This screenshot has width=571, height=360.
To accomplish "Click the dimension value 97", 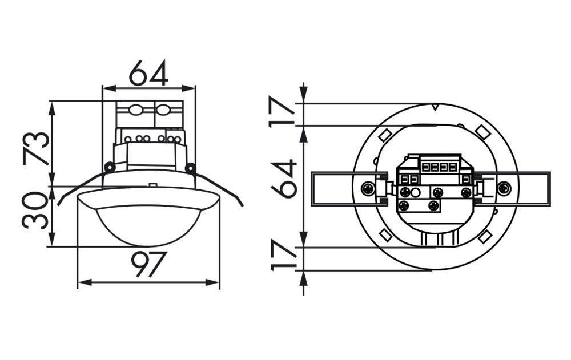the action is [149, 264].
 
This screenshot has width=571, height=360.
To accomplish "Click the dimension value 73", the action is [35, 148].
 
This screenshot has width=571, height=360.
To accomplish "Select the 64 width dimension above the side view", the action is [149, 73].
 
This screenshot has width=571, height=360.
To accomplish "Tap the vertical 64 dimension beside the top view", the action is [284, 179].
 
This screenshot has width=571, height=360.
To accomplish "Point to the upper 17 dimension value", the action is [282, 111].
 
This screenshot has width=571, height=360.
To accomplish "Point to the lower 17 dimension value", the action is [283, 255].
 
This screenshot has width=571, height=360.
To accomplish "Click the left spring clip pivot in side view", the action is [109, 167].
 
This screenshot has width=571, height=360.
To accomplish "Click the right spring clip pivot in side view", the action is [190, 168].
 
